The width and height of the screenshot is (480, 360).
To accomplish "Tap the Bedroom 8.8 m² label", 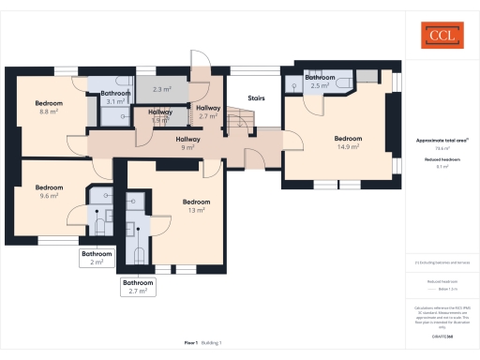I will pyautogui.click(x=49, y=106).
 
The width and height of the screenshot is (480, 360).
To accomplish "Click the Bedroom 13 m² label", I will pyautogui.click(x=196, y=205).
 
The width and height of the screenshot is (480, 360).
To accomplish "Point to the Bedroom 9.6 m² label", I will pyautogui.click(x=50, y=192).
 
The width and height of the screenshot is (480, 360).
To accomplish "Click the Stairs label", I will pyautogui.click(x=256, y=97).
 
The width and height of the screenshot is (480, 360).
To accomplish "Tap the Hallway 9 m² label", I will pyautogui.click(x=187, y=142).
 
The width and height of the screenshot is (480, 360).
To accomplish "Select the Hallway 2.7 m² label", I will pyautogui.click(x=208, y=112).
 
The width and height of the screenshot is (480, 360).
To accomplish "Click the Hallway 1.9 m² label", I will pyautogui.click(x=160, y=115).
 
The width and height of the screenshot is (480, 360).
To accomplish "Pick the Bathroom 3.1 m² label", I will pyautogui.click(x=115, y=97).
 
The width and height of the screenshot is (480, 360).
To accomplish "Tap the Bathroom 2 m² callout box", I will pyautogui.click(x=97, y=258).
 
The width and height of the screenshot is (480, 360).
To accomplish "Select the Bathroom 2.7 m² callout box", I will pyautogui.click(x=139, y=287).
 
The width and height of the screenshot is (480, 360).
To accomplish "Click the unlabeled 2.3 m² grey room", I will pyautogui.click(x=160, y=89).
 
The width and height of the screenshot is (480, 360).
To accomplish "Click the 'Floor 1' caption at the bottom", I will pyautogui.click(x=191, y=343).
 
